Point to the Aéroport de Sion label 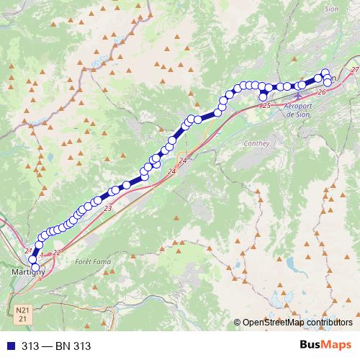point(300,109)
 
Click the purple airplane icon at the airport point(299,96)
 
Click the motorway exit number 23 point(108,208)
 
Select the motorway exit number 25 point(266,106)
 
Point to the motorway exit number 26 point(321,92)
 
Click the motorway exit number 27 point(354,69)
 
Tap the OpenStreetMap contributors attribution point(298,322)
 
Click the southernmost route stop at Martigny point(35,268)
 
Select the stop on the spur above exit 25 point(264,96)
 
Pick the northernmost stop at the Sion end point(325,73)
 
